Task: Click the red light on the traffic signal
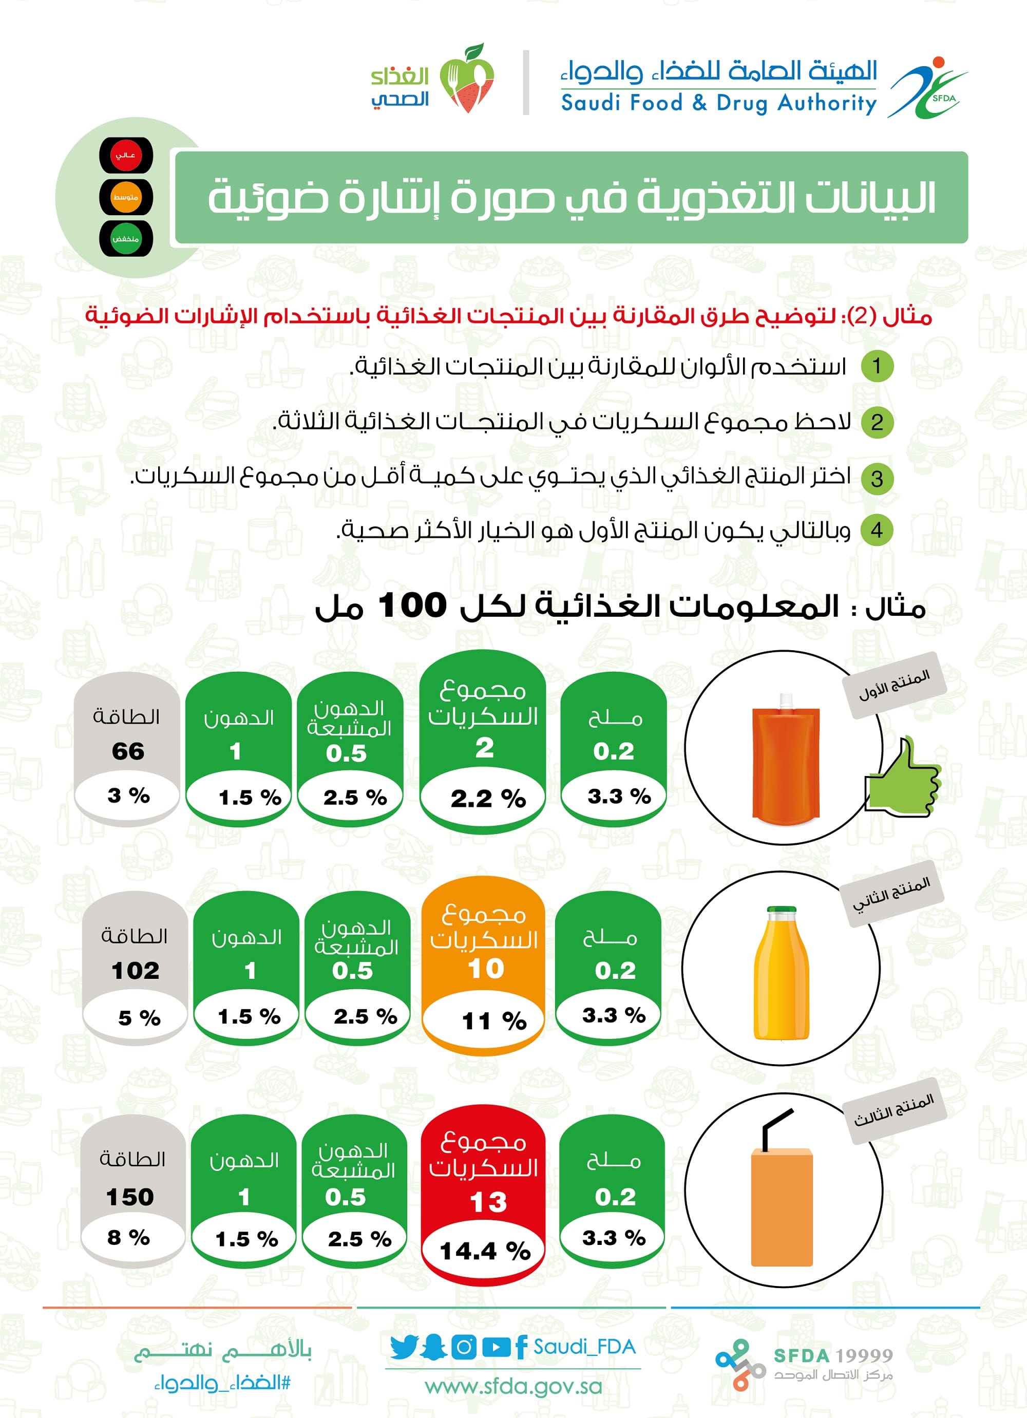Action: [126, 155]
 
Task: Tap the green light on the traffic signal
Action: [126, 238]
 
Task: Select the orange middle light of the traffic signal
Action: [126, 197]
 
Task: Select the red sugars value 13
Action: [487, 1202]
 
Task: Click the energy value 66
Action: [128, 751]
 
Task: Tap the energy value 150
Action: [130, 1197]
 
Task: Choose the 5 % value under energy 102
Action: [139, 1018]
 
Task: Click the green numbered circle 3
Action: [877, 479]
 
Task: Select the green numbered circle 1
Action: [877, 366]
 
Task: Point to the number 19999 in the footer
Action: [864, 1355]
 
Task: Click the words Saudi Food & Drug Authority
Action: [719, 103]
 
